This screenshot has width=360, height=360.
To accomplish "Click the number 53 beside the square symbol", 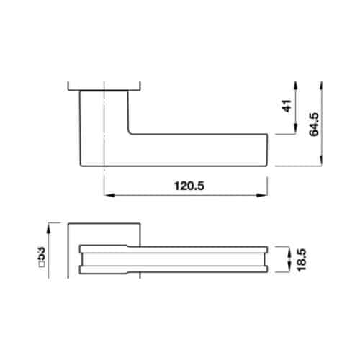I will tap(42, 254).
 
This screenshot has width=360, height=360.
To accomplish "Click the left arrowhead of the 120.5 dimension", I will tap(108, 194).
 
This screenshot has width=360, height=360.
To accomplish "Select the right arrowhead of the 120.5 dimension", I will tap(267, 194).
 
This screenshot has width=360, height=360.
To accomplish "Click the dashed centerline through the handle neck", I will tap(105, 122).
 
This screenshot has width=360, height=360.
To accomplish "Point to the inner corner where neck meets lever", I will tap(129, 133).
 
